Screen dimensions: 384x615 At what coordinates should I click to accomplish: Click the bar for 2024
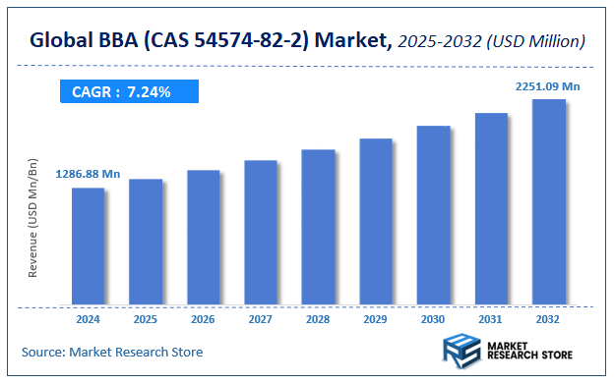pos(88,246)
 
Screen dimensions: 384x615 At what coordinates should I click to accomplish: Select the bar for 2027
pos(261,232)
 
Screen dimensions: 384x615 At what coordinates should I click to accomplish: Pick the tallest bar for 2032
pos(548,201)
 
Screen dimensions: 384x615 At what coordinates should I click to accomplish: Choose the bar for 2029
pos(376,221)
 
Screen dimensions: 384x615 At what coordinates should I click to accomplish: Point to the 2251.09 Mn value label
pos(548,86)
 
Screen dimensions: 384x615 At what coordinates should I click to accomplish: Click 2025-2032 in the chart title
pos(440,41)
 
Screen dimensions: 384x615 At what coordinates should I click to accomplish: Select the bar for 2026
pos(203,237)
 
